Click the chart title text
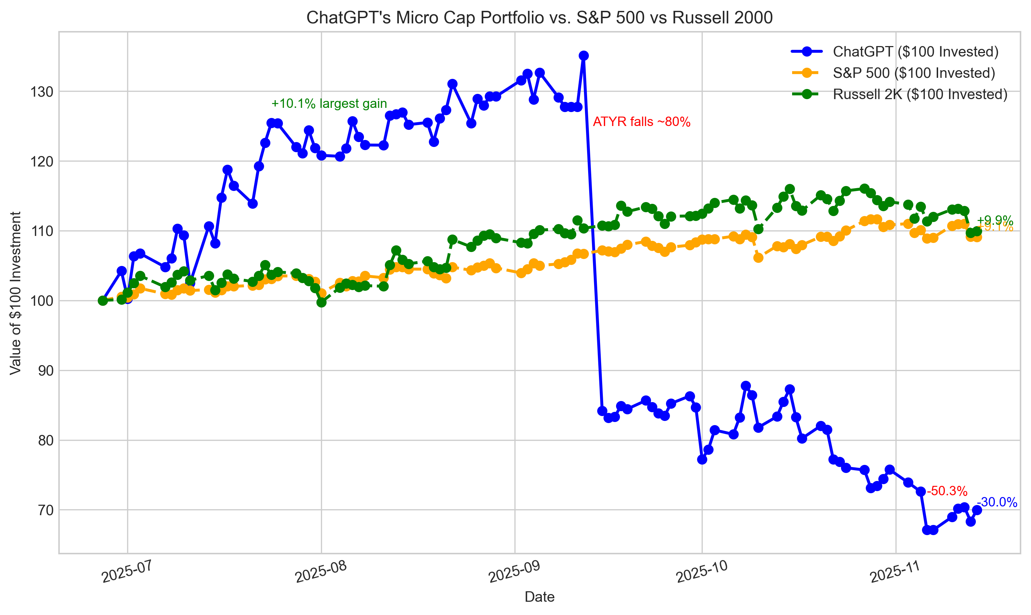[x=539, y=18]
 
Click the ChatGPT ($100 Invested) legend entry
[x=915, y=51]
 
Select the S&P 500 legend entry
[x=913, y=73]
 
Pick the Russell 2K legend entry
[x=920, y=95]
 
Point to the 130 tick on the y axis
[x=42, y=91]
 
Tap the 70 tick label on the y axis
[x=46, y=510]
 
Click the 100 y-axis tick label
[x=42, y=301]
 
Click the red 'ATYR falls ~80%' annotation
[x=641, y=122]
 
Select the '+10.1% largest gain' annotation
[x=329, y=104]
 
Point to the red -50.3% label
[x=947, y=491]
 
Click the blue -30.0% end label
[x=996, y=502]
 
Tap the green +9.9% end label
[x=995, y=220]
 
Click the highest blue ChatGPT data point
[x=583, y=55]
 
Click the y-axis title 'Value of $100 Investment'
[x=15, y=292]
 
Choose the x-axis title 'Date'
[x=539, y=597]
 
